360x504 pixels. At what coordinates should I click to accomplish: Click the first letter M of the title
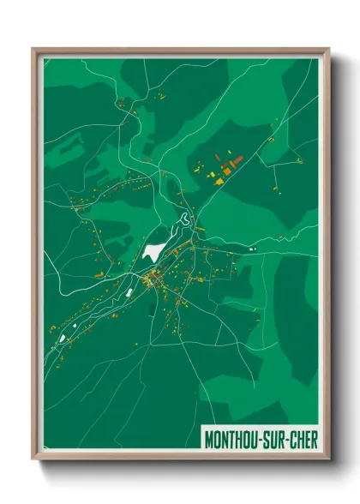(209, 439)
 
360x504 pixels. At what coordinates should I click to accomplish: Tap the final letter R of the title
(315, 439)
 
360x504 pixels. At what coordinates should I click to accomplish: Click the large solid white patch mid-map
(153, 252)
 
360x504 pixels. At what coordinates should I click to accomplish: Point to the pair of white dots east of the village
(251, 249)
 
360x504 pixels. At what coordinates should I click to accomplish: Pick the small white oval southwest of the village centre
(129, 291)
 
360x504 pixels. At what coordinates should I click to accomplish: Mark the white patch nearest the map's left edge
(62, 338)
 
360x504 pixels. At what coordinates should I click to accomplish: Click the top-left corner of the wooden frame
(33, 49)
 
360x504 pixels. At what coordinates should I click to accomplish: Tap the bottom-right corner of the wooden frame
(329, 460)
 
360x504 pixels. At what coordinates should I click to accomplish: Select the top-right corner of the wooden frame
(329, 49)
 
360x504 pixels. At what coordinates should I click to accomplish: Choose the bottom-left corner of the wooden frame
(33, 460)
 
